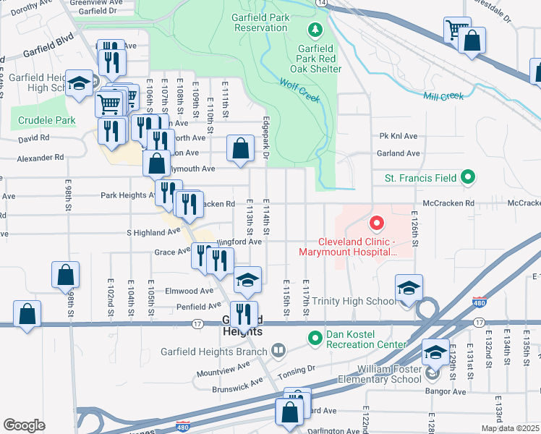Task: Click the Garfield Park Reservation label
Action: (260, 22)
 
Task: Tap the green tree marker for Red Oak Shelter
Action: (315, 30)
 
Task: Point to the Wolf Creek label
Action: (299, 90)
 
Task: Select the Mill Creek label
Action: (443, 96)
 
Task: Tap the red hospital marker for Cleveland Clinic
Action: (375, 224)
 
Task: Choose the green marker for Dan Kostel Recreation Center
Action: (315, 338)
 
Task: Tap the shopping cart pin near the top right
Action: (456, 30)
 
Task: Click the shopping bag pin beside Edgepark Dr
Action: (241, 149)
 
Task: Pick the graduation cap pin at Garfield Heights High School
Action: (78, 83)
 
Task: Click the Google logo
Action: (24, 425)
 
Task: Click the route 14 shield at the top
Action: (321, 4)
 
